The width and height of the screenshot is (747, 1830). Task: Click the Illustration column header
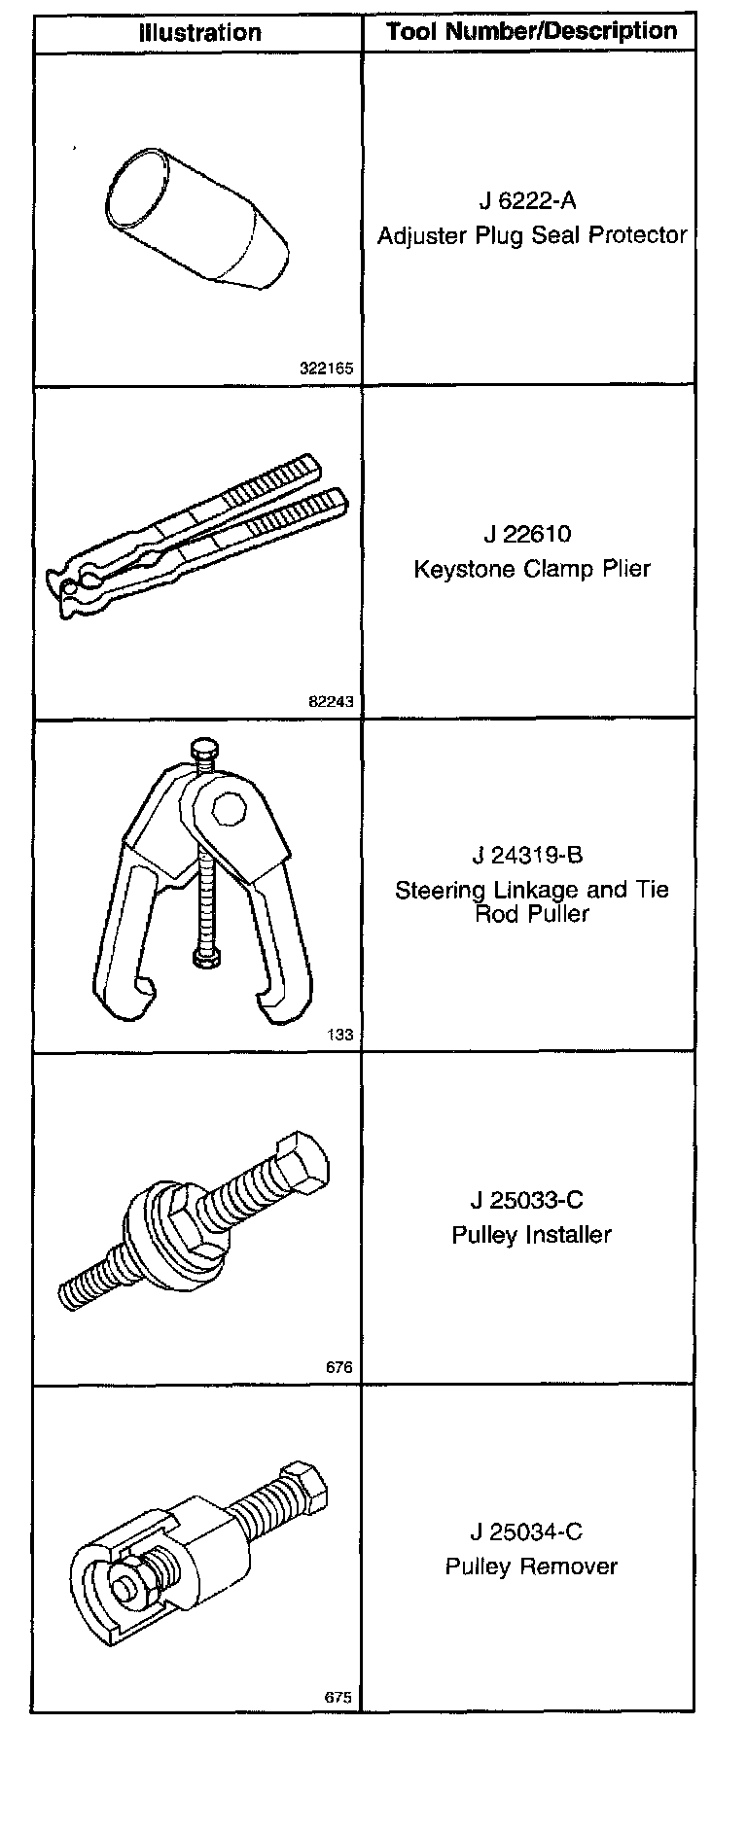(x=199, y=32)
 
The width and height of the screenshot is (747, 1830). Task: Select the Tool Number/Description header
(x=531, y=31)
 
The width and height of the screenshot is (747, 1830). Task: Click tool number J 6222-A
(x=531, y=200)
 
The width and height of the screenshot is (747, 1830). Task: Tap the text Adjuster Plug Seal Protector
(x=532, y=234)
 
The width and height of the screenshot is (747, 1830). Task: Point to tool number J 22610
(x=531, y=534)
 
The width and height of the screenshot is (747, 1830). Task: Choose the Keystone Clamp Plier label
(x=532, y=568)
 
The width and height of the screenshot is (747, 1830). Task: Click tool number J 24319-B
(x=531, y=855)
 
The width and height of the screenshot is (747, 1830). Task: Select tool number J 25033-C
(x=531, y=1200)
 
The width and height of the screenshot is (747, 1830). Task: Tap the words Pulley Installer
(x=531, y=1234)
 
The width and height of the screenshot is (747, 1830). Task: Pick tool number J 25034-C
(x=531, y=1532)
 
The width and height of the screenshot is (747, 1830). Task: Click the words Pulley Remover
(x=531, y=1566)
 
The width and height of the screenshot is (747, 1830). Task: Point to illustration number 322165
(x=327, y=370)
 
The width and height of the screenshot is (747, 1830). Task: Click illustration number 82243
(x=332, y=702)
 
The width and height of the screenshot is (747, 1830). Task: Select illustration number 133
(x=340, y=1035)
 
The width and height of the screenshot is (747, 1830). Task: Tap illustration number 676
(x=338, y=1367)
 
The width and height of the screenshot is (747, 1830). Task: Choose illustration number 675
(x=338, y=1698)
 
